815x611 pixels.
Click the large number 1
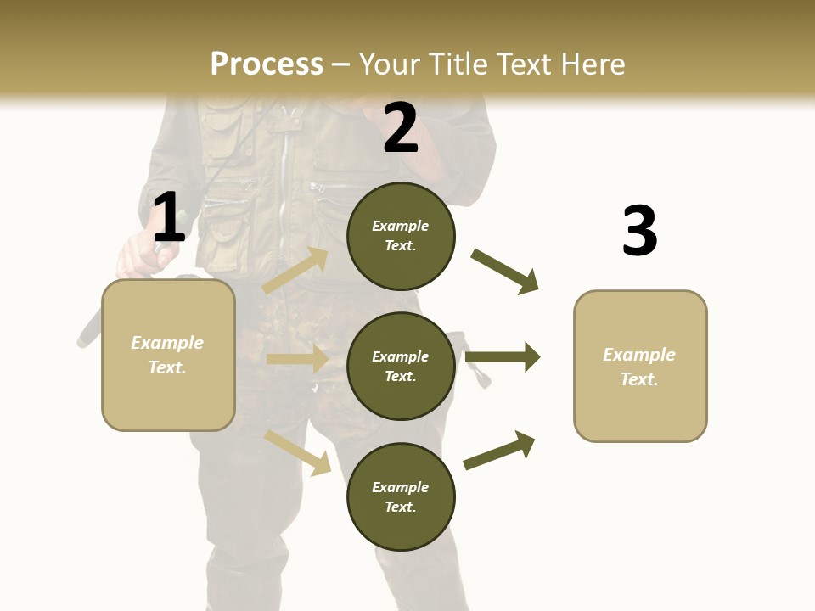[169, 218]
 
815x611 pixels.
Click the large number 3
[639, 232]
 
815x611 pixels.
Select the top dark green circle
[401, 236]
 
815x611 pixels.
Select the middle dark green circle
[401, 367]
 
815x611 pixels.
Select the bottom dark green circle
[401, 497]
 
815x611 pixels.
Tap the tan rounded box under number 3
[640, 367]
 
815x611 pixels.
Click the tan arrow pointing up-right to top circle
[296, 270]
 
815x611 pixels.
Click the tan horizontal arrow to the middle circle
[298, 359]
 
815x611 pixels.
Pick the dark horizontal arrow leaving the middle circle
[503, 357]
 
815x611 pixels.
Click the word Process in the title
[267, 64]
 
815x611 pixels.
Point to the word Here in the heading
[587, 64]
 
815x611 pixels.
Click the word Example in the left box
[167, 343]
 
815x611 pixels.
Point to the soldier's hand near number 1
[138, 254]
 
